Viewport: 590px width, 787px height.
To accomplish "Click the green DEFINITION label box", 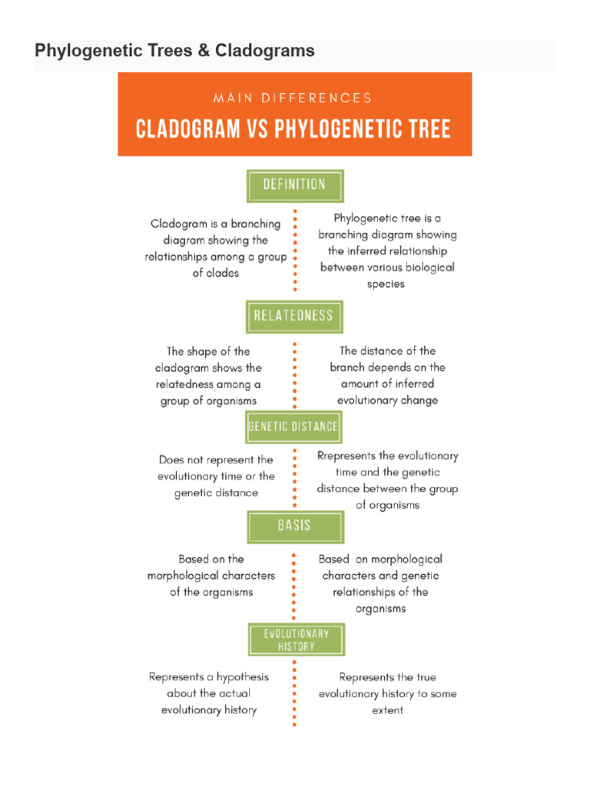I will pyautogui.click(x=294, y=185).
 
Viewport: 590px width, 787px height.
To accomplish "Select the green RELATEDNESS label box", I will pyautogui.click(x=294, y=316).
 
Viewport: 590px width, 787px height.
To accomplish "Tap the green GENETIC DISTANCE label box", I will pyautogui.click(x=293, y=427).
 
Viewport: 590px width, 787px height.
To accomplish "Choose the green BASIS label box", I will pyautogui.click(x=294, y=526).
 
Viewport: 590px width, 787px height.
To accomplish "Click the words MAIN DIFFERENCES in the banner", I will pyautogui.click(x=293, y=98).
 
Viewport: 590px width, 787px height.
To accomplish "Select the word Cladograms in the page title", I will pyautogui.click(x=264, y=51).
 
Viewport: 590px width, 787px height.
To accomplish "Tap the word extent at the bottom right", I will pyautogui.click(x=387, y=710).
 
